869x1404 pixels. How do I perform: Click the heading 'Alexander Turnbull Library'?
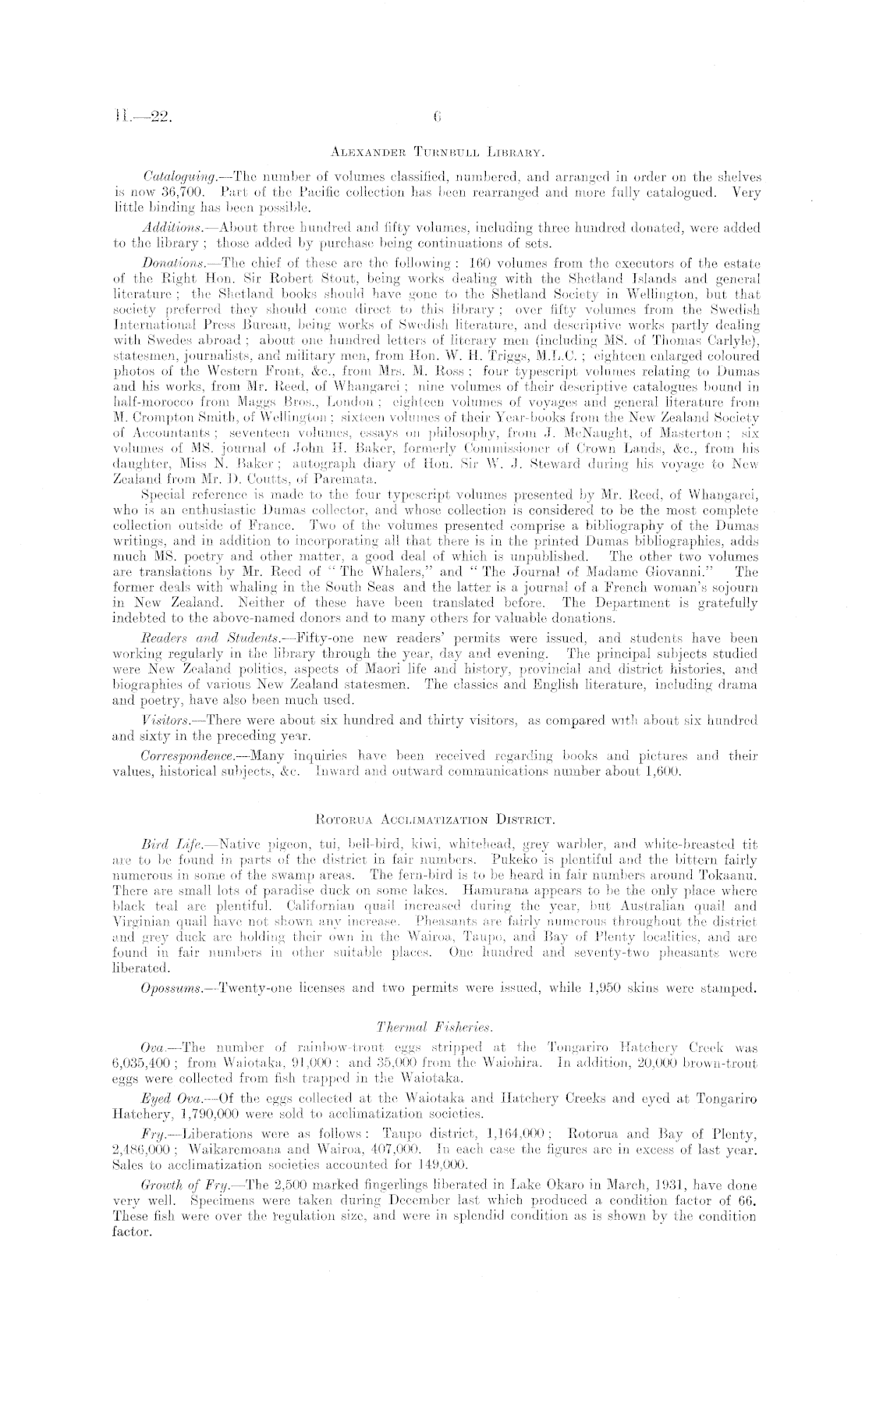435,154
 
